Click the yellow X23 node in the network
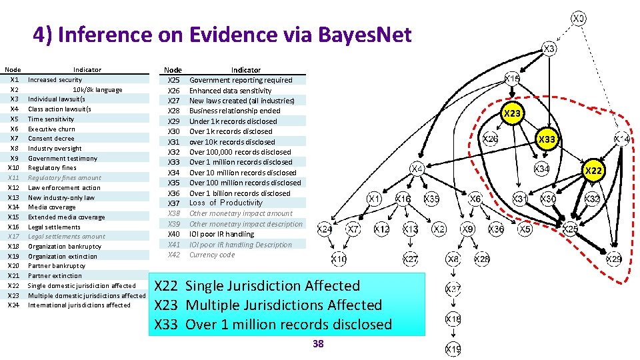512,113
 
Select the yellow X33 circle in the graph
547,139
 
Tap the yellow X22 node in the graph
593,171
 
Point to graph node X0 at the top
579,19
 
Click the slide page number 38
318,343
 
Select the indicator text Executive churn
51,129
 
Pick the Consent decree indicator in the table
51,139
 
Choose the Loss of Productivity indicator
226,203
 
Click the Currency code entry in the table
212,255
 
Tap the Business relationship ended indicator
235,111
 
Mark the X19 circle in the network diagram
453,349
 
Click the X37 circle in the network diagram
453,289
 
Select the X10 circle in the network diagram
339,259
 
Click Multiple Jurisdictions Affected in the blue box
283,305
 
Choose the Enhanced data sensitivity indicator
230,90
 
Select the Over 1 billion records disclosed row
239,193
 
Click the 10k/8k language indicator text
97,89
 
